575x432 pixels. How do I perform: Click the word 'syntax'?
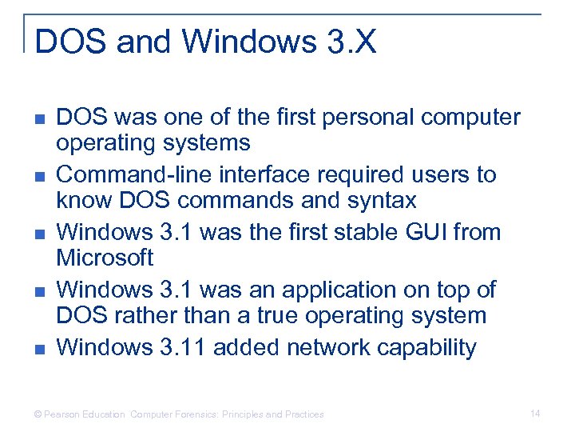click(388, 200)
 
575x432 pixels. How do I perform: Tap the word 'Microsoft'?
click(105, 258)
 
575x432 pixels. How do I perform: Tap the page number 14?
click(535, 413)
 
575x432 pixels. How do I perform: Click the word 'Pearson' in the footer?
click(62, 414)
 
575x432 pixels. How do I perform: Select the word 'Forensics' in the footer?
click(192, 414)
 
